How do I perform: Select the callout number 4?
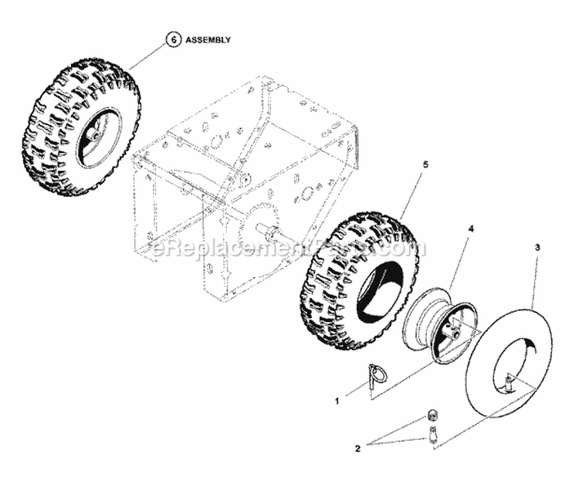472,229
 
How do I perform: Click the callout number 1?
337,401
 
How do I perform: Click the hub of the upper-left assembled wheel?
92,134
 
